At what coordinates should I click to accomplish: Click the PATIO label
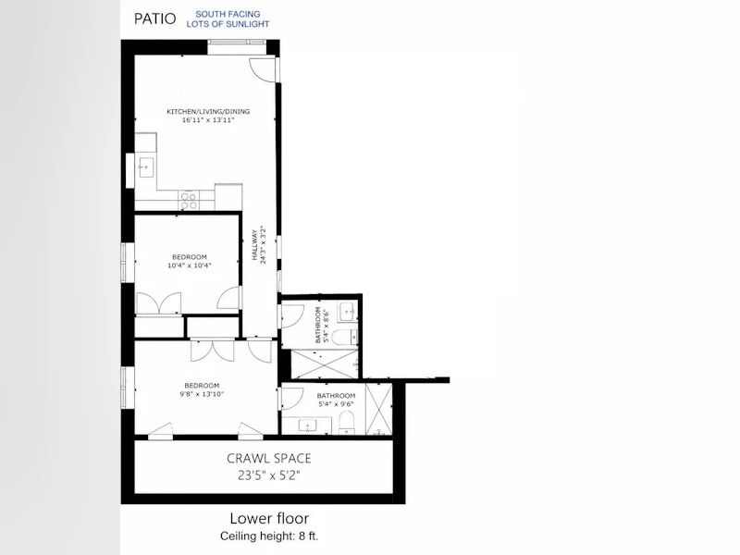click(x=154, y=18)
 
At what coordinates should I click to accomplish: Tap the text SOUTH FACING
click(x=228, y=14)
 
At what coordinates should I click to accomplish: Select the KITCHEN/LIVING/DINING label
click(x=208, y=111)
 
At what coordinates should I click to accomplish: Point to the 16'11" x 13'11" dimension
click(x=208, y=120)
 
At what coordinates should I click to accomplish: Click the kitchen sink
click(x=145, y=167)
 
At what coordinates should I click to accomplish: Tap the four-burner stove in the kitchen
click(x=190, y=201)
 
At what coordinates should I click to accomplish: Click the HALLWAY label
click(x=255, y=245)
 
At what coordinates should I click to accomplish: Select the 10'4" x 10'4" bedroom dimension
click(x=190, y=265)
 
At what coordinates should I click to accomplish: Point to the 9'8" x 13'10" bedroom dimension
click(x=202, y=394)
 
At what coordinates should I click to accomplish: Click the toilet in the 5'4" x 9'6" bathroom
click(x=347, y=423)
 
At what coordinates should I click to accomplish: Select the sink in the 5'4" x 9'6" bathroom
click(x=308, y=426)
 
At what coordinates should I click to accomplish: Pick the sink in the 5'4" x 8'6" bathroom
click(x=349, y=311)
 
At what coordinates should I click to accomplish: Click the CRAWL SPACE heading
click(x=269, y=458)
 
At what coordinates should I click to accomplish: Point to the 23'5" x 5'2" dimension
click(x=269, y=475)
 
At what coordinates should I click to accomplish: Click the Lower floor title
click(x=269, y=518)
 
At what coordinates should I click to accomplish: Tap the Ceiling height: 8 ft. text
click(x=269, y=536)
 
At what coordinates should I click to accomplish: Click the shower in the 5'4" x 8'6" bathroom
click(x=325, y=364)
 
